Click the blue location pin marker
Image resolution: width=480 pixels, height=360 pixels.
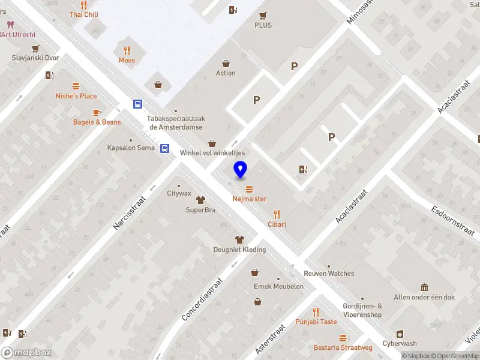coord(241,170)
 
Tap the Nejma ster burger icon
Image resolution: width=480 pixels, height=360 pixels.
coord(249,189)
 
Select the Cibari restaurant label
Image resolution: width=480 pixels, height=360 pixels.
coord(277,224)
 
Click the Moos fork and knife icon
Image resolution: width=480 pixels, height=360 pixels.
coord(127,50)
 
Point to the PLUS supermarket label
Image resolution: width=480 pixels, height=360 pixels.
coord(263,25)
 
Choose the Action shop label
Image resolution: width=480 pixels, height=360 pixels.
coord(226,73)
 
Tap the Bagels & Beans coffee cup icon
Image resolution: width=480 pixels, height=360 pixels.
coord(96,112)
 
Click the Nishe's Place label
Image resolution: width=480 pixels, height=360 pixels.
coord(76,96)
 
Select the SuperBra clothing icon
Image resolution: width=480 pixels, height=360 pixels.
coord(200,200)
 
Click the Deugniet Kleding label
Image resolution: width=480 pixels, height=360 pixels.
coord(239,250)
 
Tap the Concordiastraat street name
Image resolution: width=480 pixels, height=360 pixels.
coord(202,298)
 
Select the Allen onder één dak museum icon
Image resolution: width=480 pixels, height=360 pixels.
coord(424,287)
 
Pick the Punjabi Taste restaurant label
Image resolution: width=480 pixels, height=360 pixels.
coord(316,322)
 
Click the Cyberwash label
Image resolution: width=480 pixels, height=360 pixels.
coord(400,344)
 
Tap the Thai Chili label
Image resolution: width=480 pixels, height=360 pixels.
coord(83,14)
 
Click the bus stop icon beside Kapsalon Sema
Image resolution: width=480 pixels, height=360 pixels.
coord(164,148)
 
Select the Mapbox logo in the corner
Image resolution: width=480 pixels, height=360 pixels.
coord(26,352)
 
